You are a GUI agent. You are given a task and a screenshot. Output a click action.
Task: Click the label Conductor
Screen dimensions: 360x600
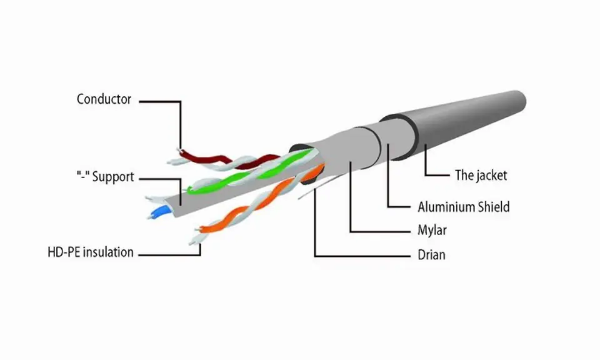coord(104,99)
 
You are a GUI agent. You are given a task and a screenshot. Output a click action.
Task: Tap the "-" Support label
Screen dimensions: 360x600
coord(105,177)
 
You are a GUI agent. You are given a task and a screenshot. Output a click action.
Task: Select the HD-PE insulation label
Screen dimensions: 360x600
coord(91,252)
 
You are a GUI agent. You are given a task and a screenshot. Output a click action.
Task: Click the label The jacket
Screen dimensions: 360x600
coord(481,175)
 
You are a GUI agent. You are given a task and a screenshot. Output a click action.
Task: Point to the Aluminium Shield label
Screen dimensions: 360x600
coord(464,207)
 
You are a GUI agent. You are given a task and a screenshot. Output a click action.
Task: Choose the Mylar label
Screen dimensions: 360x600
coord(432,231)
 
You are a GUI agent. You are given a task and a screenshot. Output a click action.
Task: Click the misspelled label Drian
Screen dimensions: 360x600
coord(431,255)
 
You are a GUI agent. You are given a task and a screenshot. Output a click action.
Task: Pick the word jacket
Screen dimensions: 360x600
coord(491,175)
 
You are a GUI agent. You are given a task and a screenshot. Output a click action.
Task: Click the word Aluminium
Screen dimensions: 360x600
coord(442,207)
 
